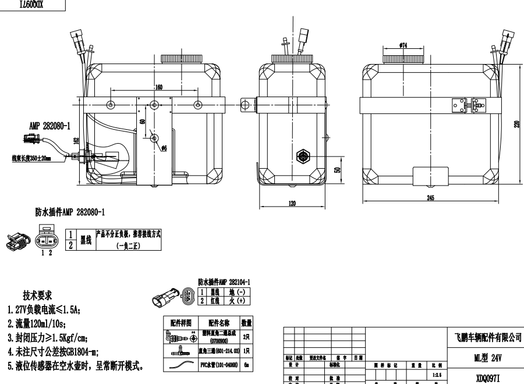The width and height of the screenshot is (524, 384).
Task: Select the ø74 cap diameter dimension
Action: pyautogui.click(x=403, y=44)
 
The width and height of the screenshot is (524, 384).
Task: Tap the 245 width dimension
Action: pyautogui.click(x=430, y=198)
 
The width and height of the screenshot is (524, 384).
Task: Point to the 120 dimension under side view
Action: pyautogui.click(x=291, y=203)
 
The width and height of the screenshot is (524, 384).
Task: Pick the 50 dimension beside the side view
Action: pyautogui.click(x=338, y=169)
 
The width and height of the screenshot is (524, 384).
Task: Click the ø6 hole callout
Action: pyautogui.click(x=165, y=149)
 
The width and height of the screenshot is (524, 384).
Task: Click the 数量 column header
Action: pyautogui.click(x=246, y=322)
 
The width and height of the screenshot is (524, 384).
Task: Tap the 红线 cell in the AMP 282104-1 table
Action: pyautogui.click(x=214, y=300)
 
